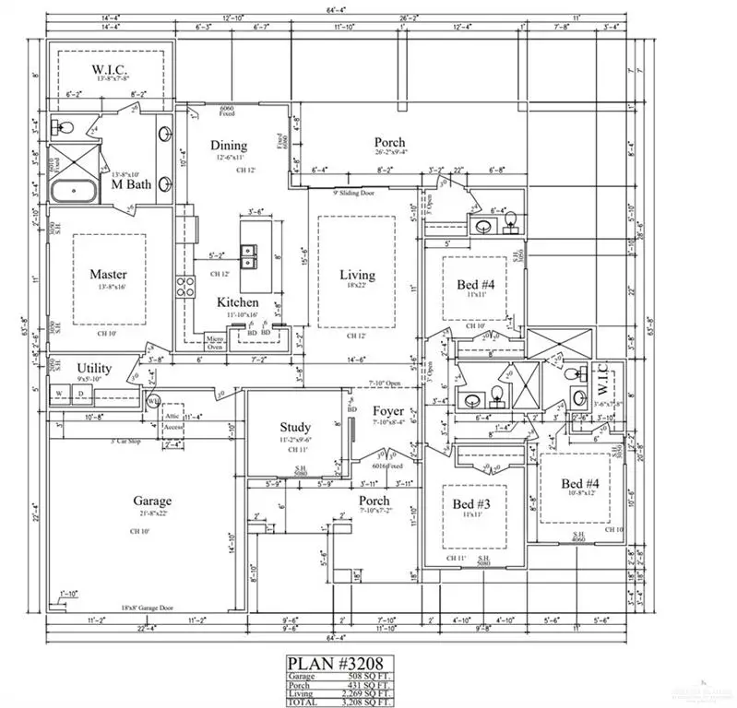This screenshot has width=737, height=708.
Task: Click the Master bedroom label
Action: click(108, 275)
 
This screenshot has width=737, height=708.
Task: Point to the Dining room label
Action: click(229, 146)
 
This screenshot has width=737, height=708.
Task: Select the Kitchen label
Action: click(237, 302)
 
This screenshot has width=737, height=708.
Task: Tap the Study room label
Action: click(295, 427)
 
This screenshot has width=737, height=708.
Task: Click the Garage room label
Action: click(151, 501)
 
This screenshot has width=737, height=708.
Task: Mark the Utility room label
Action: click(94, 369)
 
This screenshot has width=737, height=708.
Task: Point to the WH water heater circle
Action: click(154, 401)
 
